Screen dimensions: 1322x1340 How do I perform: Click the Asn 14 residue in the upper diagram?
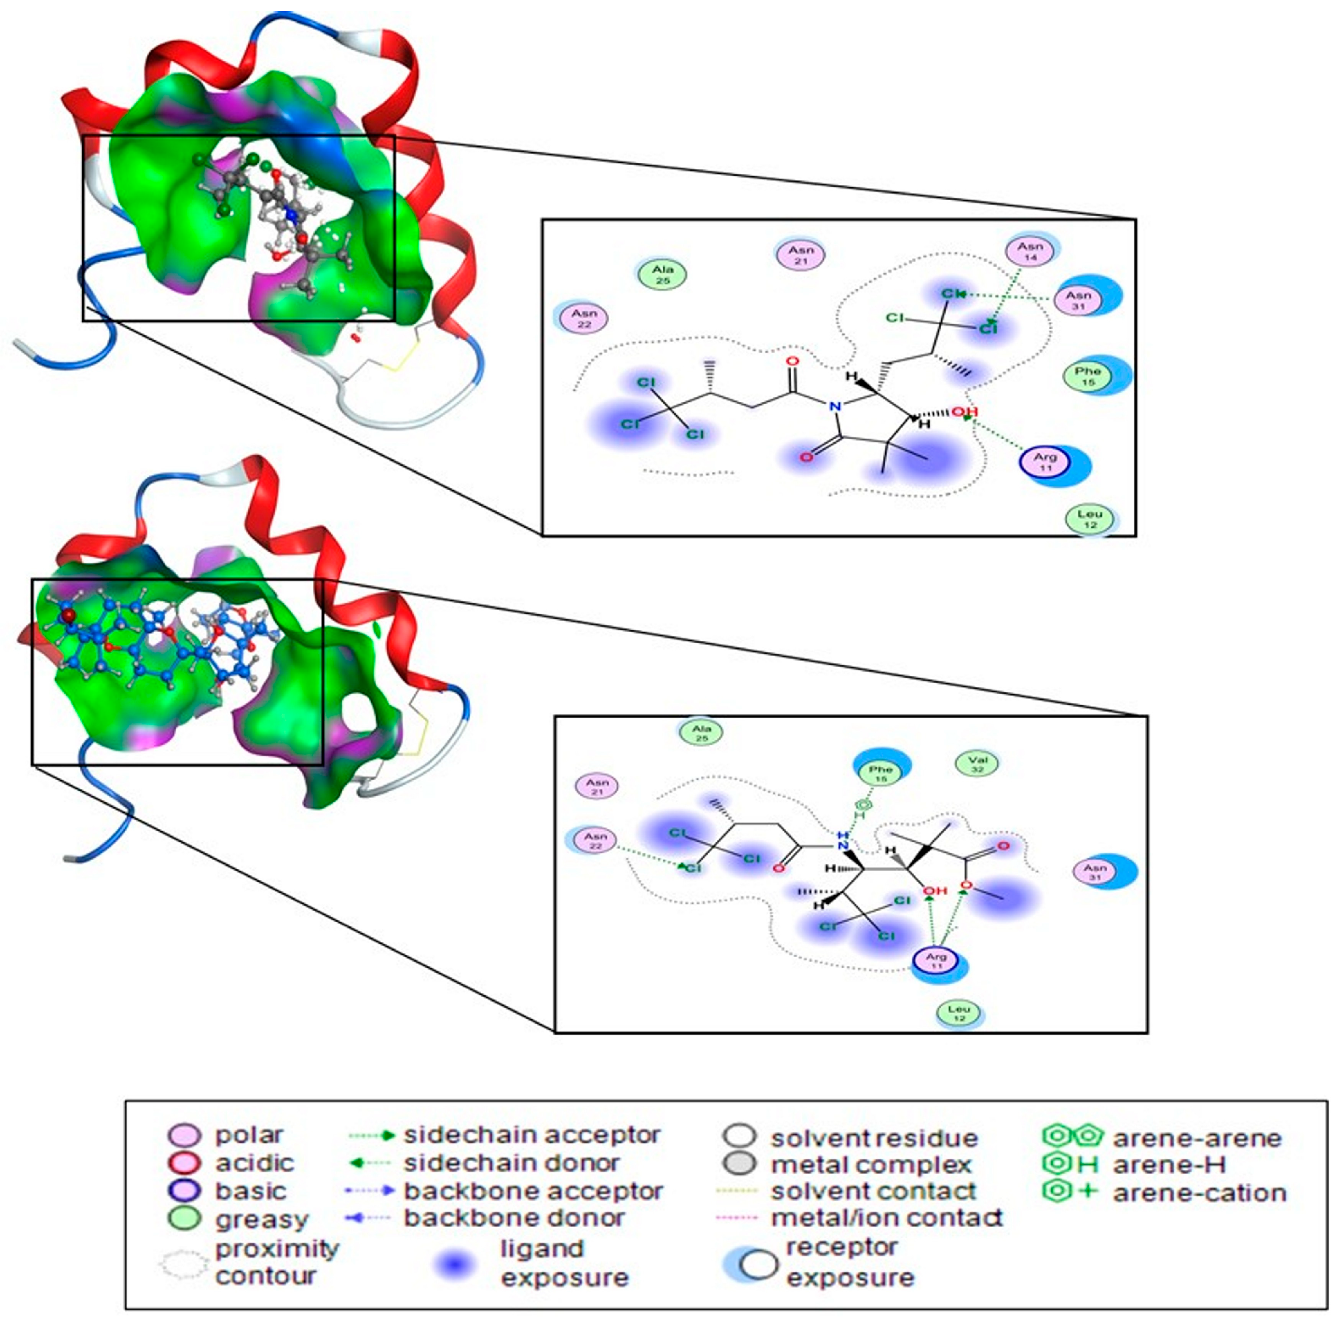(x=1030, y=251)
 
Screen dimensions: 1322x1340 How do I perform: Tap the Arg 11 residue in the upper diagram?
(x=1045, y=462)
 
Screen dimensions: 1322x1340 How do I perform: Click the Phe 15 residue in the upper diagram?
(x=1088, y=376)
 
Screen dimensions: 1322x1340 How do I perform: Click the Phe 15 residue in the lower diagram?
(x=880, y=773)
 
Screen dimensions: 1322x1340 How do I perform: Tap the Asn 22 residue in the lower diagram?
(x=595, y=840)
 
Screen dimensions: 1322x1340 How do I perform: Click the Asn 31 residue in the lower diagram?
(x=1095, y=872)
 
